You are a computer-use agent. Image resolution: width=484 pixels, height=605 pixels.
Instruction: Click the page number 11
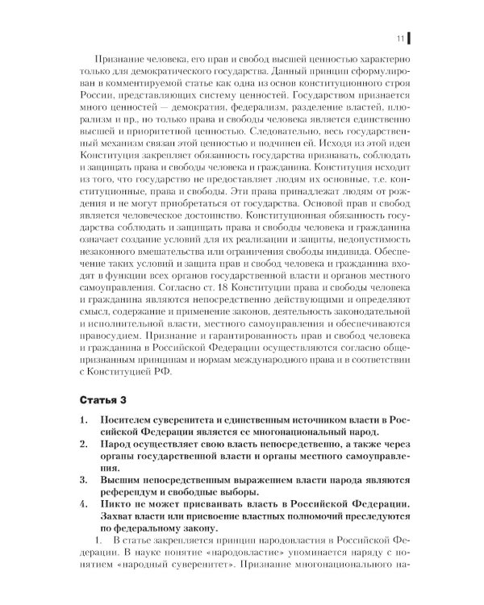pyautogui.click(x=399, y=38)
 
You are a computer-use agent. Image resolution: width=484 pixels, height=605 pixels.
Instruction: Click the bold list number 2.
pyautogui.click(x=85, y=444)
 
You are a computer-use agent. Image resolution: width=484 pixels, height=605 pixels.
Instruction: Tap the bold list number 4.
pyautogui.click(x=85, y=504)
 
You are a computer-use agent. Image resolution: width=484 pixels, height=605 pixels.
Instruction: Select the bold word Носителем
pyautogui.click(x=130, y=420)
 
